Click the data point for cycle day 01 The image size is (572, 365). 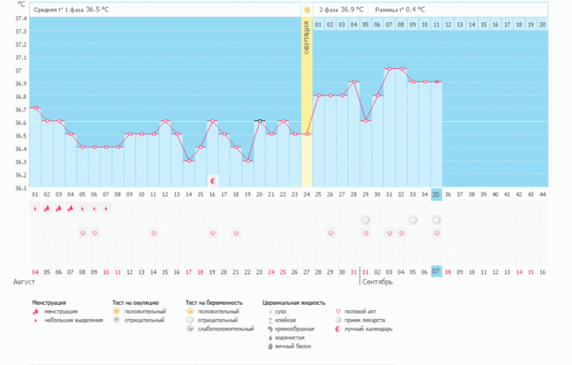click(x=35, y=108)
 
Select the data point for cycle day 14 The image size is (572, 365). click(x=189, y=161)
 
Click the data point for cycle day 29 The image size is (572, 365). click(x=365, y=120)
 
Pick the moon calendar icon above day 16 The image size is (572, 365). click(x=212, y=180)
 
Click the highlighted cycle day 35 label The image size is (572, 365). click(x=436, y=195)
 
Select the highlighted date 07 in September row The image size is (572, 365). click(x=436, y=271)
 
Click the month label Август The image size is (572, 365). click(x=24, y=282)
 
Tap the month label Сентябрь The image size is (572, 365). click(x=377, y=282)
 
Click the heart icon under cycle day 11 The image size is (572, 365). click(x=153, y=233)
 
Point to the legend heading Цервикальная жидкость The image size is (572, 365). click(x=294, y=303)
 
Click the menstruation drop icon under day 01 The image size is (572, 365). click(x=35, y=209)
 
